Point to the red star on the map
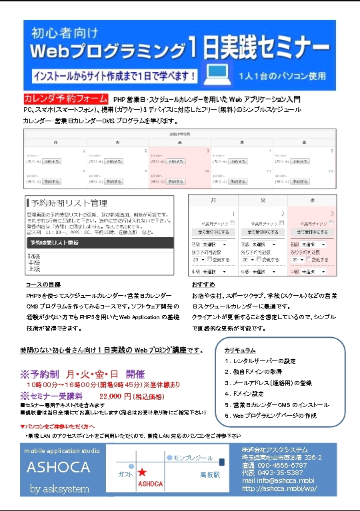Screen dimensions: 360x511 [x=142, y=472]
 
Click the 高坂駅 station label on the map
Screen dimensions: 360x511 [x=209, y=475]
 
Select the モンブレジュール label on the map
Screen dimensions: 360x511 [x=193, y=458]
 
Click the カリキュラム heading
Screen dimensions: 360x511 [x=241, y=348]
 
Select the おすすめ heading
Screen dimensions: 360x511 [x=200, y=284]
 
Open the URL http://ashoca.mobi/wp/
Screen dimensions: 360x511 [x=279, y=488]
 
